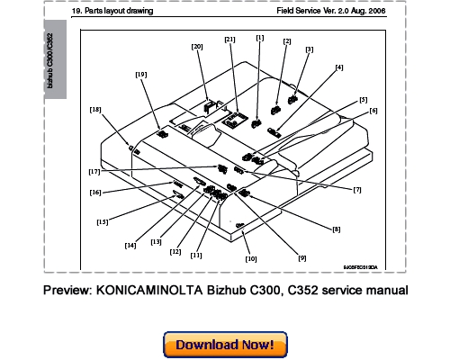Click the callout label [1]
click(x=259, y=38)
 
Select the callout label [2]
click(x=287, y=41)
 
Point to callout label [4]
click(x=338, y=67)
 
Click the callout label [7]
click(x=357, y=190)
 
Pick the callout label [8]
click(x=336, y=229)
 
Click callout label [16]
click(x=94, y=192)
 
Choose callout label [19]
click(x=140, y=75)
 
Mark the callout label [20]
click(x=197, y=45)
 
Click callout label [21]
click(x=229, y=40)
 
